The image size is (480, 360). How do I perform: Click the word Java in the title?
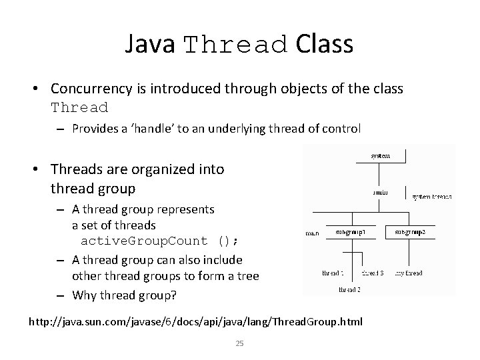(x=150, y=44)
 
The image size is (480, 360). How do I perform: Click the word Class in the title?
(x=324, y=44)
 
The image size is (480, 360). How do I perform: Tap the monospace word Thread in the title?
(x=236, y=45)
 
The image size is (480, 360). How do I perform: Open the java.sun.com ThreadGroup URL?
(x=195, y=322)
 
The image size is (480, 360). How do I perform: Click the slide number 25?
(x=239, y=343)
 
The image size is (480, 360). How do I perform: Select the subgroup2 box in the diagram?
(x=415, y=233)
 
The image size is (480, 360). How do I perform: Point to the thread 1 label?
(x=333, y=273)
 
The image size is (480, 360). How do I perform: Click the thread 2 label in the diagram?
(x=350, y=289)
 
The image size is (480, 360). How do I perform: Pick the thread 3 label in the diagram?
(x=372, y=273)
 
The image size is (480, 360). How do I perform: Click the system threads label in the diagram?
(x=431, y=197)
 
